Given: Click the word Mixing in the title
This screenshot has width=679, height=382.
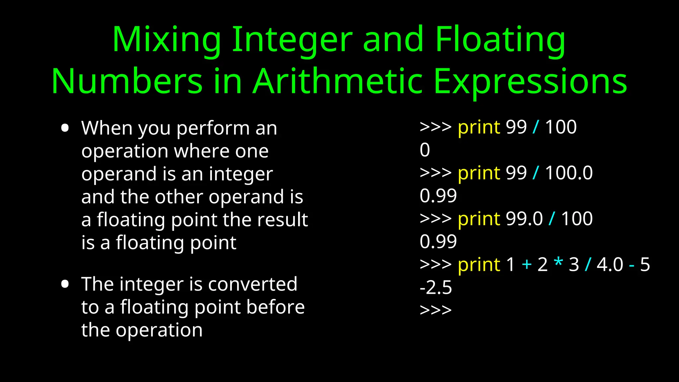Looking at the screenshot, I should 167,40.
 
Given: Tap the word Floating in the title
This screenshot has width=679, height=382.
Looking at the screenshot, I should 500,40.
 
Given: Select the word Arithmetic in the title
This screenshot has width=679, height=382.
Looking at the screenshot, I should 338,82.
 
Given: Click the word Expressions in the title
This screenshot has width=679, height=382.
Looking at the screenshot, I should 530,82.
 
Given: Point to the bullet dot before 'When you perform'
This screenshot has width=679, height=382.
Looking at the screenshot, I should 65,128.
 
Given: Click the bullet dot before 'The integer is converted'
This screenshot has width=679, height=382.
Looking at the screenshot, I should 65,284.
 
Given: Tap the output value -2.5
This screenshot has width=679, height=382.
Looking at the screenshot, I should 436,287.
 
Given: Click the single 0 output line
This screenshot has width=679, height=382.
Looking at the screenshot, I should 425,150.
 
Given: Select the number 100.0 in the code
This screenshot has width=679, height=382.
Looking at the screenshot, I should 569,173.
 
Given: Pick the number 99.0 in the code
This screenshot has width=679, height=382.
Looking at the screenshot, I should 524,219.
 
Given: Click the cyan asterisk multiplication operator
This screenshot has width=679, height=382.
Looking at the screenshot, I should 559,263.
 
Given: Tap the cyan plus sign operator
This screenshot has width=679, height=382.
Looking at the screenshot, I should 526,265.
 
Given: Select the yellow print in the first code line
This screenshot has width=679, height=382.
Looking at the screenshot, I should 479,128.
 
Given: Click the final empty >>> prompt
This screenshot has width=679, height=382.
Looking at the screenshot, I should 436,310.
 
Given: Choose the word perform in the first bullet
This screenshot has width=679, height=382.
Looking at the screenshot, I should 213,129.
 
